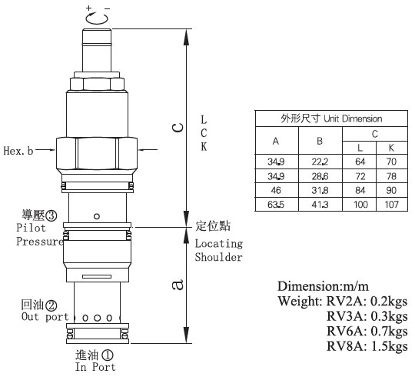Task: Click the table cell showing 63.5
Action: point(277,205)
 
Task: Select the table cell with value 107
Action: point(392,205)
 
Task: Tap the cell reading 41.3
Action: point(320,205)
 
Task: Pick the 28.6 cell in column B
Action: point(320,176)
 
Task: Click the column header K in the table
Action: point(391,148)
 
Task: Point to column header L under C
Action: point(360,148)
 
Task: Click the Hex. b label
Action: point(18,151)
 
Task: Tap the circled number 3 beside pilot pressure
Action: point(51,216)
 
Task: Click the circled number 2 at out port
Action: point(51,306)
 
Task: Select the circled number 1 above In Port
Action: point(107,355)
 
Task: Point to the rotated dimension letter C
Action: point(178,128)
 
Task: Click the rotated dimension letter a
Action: point(178,285)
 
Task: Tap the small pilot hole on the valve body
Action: point(97,216)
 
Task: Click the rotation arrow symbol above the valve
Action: point(97,18)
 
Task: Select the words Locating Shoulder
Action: point(219,250)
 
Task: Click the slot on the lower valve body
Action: point(97,276)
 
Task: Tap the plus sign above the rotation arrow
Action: point(88,8)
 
